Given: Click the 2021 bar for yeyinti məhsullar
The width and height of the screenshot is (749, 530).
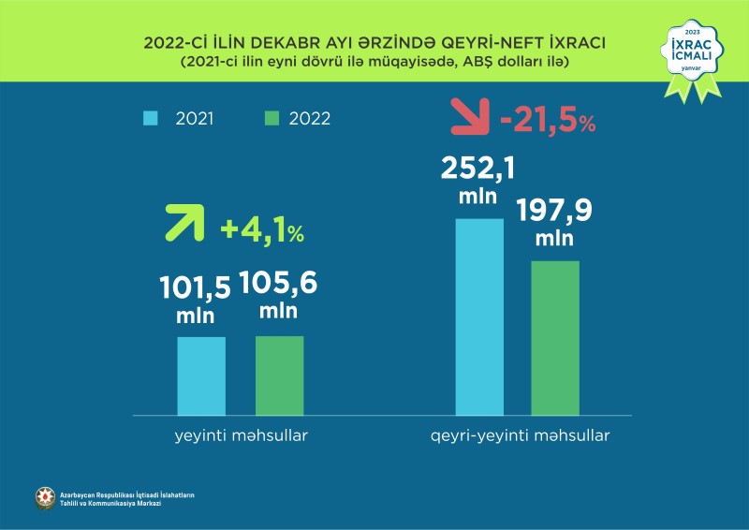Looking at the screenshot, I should (201, 375).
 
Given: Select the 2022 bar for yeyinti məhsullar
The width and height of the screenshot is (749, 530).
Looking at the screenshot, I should (279, 375).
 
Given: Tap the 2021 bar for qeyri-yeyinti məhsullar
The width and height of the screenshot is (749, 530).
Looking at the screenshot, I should (479, 317).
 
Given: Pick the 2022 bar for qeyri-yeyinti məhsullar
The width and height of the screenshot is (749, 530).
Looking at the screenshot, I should (555, 337).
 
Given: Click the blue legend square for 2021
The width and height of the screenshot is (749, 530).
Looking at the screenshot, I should (150, 118).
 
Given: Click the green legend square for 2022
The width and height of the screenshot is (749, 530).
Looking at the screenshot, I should (272, 118).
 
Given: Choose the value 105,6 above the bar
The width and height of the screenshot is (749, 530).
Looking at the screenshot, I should (278, 284).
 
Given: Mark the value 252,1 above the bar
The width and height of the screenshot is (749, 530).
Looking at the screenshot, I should (477, 169).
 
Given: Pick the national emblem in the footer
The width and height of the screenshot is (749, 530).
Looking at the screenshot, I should (45, 498).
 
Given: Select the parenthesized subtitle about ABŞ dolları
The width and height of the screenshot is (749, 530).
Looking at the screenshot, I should (374, 62).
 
